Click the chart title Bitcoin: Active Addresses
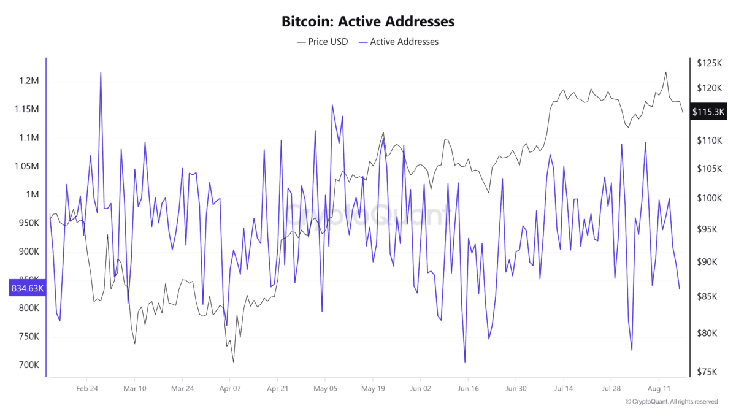tap(367, 21)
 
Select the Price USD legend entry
tap(322, 42)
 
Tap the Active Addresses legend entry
tap(398, 42)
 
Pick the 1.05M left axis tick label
tap(26, 166)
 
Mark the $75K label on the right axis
tap(709, 372)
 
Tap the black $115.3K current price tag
tap(708, 112)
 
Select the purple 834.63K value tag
tap(27, 288)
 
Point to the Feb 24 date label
tap(87, 388)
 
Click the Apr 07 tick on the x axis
tap(230, 388)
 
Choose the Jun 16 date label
tap(468, 388)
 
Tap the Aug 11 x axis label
tap(658, 388)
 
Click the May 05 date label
tap(325, 388)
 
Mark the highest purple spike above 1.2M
tap(101, 72)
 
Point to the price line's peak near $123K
tap(665, 72)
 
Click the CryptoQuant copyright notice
tap(672, 402)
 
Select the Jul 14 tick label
tap(563, 388)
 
